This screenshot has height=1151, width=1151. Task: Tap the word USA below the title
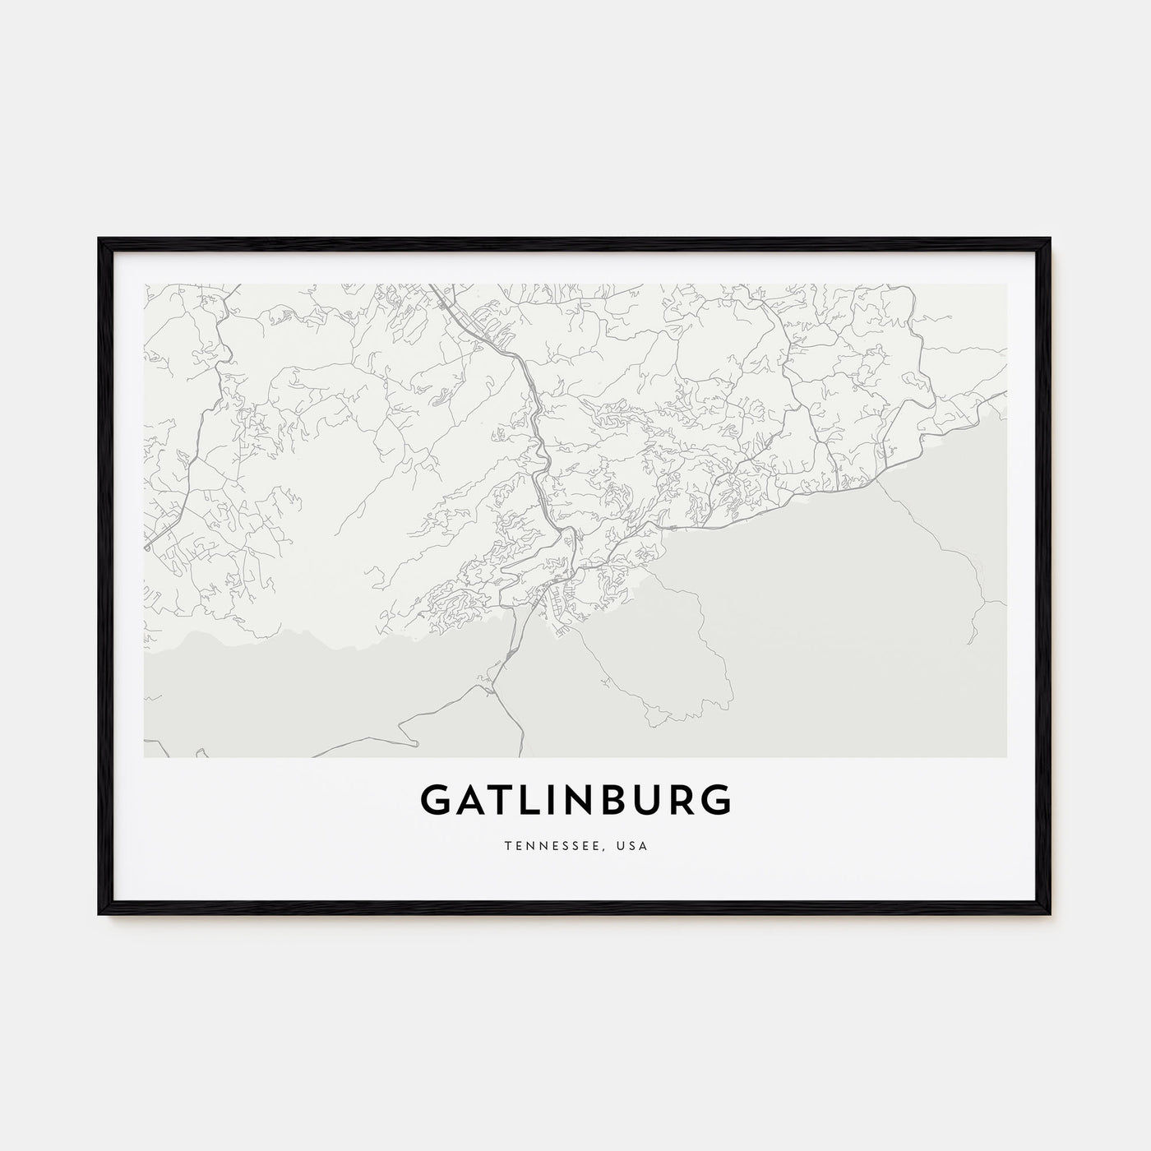coord(634,845)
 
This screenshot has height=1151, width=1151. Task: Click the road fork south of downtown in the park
coord(492,689)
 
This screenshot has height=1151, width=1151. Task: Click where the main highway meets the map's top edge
coord(429,286)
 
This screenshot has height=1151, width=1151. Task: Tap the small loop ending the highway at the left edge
coord(147,546)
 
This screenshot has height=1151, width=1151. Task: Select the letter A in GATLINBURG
coord(467,800)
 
